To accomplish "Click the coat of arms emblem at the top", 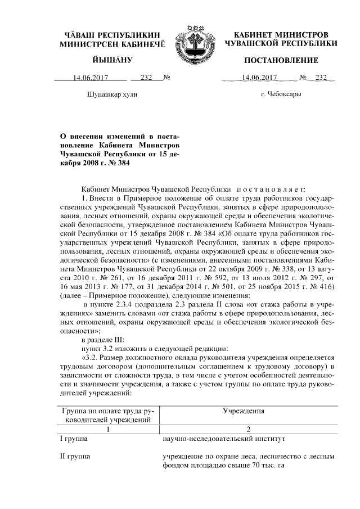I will click(x=193, y=41).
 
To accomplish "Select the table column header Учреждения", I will click(x=244, y=411).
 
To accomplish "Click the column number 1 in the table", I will click(x=107, y=428).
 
